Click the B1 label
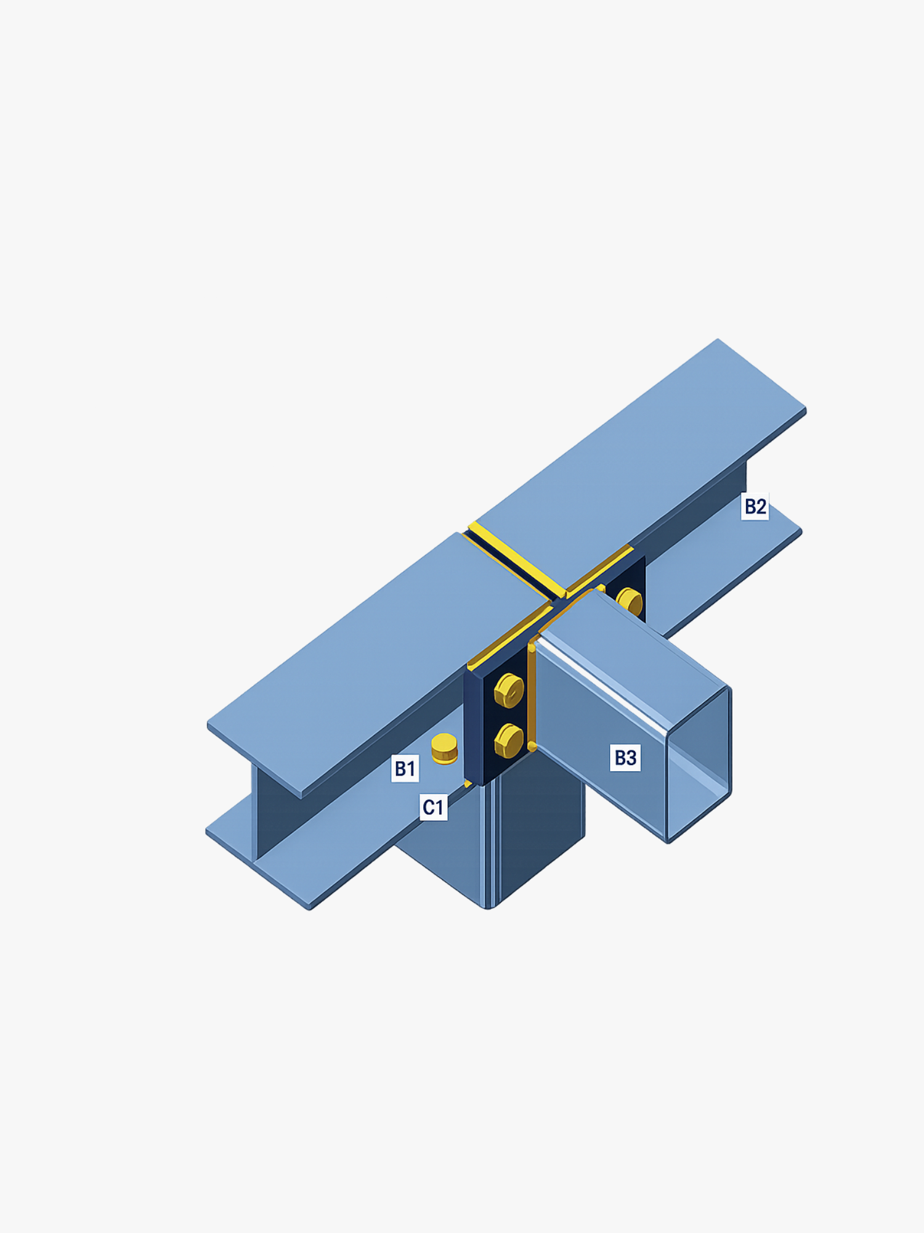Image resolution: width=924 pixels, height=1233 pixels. pyautogui.click(x=405, y=768)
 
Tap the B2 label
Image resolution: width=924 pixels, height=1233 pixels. pyautogui.click(x=755, y=506)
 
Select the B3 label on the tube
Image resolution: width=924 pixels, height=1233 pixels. pyautogui.click(x=625, y=757)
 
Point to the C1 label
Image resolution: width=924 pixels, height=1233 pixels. pyautogui.click(x=433, y=806)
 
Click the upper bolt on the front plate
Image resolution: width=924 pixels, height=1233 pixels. pyautogui.click(x=509, y=690)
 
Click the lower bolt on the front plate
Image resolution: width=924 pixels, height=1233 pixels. pyautogui.click(x=509, y=740)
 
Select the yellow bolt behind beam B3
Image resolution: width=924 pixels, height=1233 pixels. pyautogui.click(x=630, y=601)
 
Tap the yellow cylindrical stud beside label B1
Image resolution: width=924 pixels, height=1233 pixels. pyautogui.click(x=444, y=748)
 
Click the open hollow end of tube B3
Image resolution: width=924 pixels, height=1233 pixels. pyautogui.click(x=699, y=764)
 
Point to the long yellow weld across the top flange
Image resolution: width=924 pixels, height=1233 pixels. pyautogui.click(x=516, y=560)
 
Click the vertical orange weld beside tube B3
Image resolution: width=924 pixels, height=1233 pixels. pyautogui.click(x=532, y=697)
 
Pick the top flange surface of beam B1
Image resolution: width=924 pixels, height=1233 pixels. pyautogui.click(x=370, y=660)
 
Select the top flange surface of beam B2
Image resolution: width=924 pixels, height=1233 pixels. pyautogui.click(x=647, y=456)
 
